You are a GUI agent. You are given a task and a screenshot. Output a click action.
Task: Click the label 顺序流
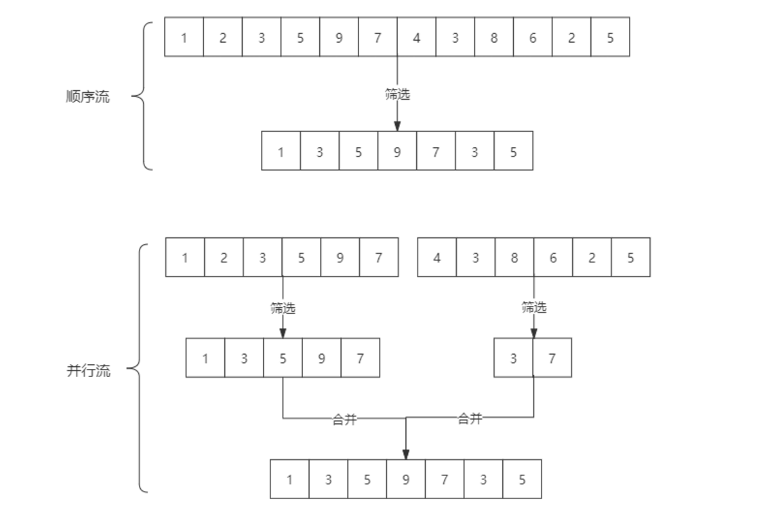tap(87, 97)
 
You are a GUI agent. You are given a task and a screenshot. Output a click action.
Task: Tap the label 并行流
tap(88, 371)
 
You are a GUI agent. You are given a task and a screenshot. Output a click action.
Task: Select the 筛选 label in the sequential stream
tap(397, 95)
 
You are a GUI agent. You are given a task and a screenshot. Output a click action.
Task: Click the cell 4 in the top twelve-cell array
tap(416, 37)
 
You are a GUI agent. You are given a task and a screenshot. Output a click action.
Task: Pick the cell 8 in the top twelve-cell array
tap(493, 37)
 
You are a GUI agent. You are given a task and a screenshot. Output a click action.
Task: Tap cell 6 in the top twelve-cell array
tap(533, 37)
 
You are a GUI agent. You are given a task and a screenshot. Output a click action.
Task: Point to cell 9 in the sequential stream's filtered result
tap(397, 151)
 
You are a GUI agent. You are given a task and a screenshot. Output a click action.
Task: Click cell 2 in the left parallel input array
tap(224, 258)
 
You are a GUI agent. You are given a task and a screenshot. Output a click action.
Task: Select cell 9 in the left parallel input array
tap(340, 258)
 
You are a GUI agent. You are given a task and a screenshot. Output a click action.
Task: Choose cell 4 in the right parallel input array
tap(436, 258)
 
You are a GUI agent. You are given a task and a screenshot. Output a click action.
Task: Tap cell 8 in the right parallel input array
tap(514, 258)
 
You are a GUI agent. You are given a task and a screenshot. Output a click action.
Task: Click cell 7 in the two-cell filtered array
tap(552, 358)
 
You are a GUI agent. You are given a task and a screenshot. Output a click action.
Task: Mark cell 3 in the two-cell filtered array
tap(513, 358)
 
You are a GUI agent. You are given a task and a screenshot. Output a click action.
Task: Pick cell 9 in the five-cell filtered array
tap(321, 358)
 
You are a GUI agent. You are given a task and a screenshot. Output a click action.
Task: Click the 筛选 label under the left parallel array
tap(283, 309)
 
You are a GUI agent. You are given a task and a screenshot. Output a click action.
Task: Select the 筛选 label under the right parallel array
tap(533, 308)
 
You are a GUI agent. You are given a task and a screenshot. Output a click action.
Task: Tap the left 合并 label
tap(344, 420)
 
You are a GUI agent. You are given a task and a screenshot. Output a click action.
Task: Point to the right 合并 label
tap(470, 419)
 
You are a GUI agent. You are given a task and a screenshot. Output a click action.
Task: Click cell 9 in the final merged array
tap(405, 479)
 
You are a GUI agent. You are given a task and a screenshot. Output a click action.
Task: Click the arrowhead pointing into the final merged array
tap(406, 454)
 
